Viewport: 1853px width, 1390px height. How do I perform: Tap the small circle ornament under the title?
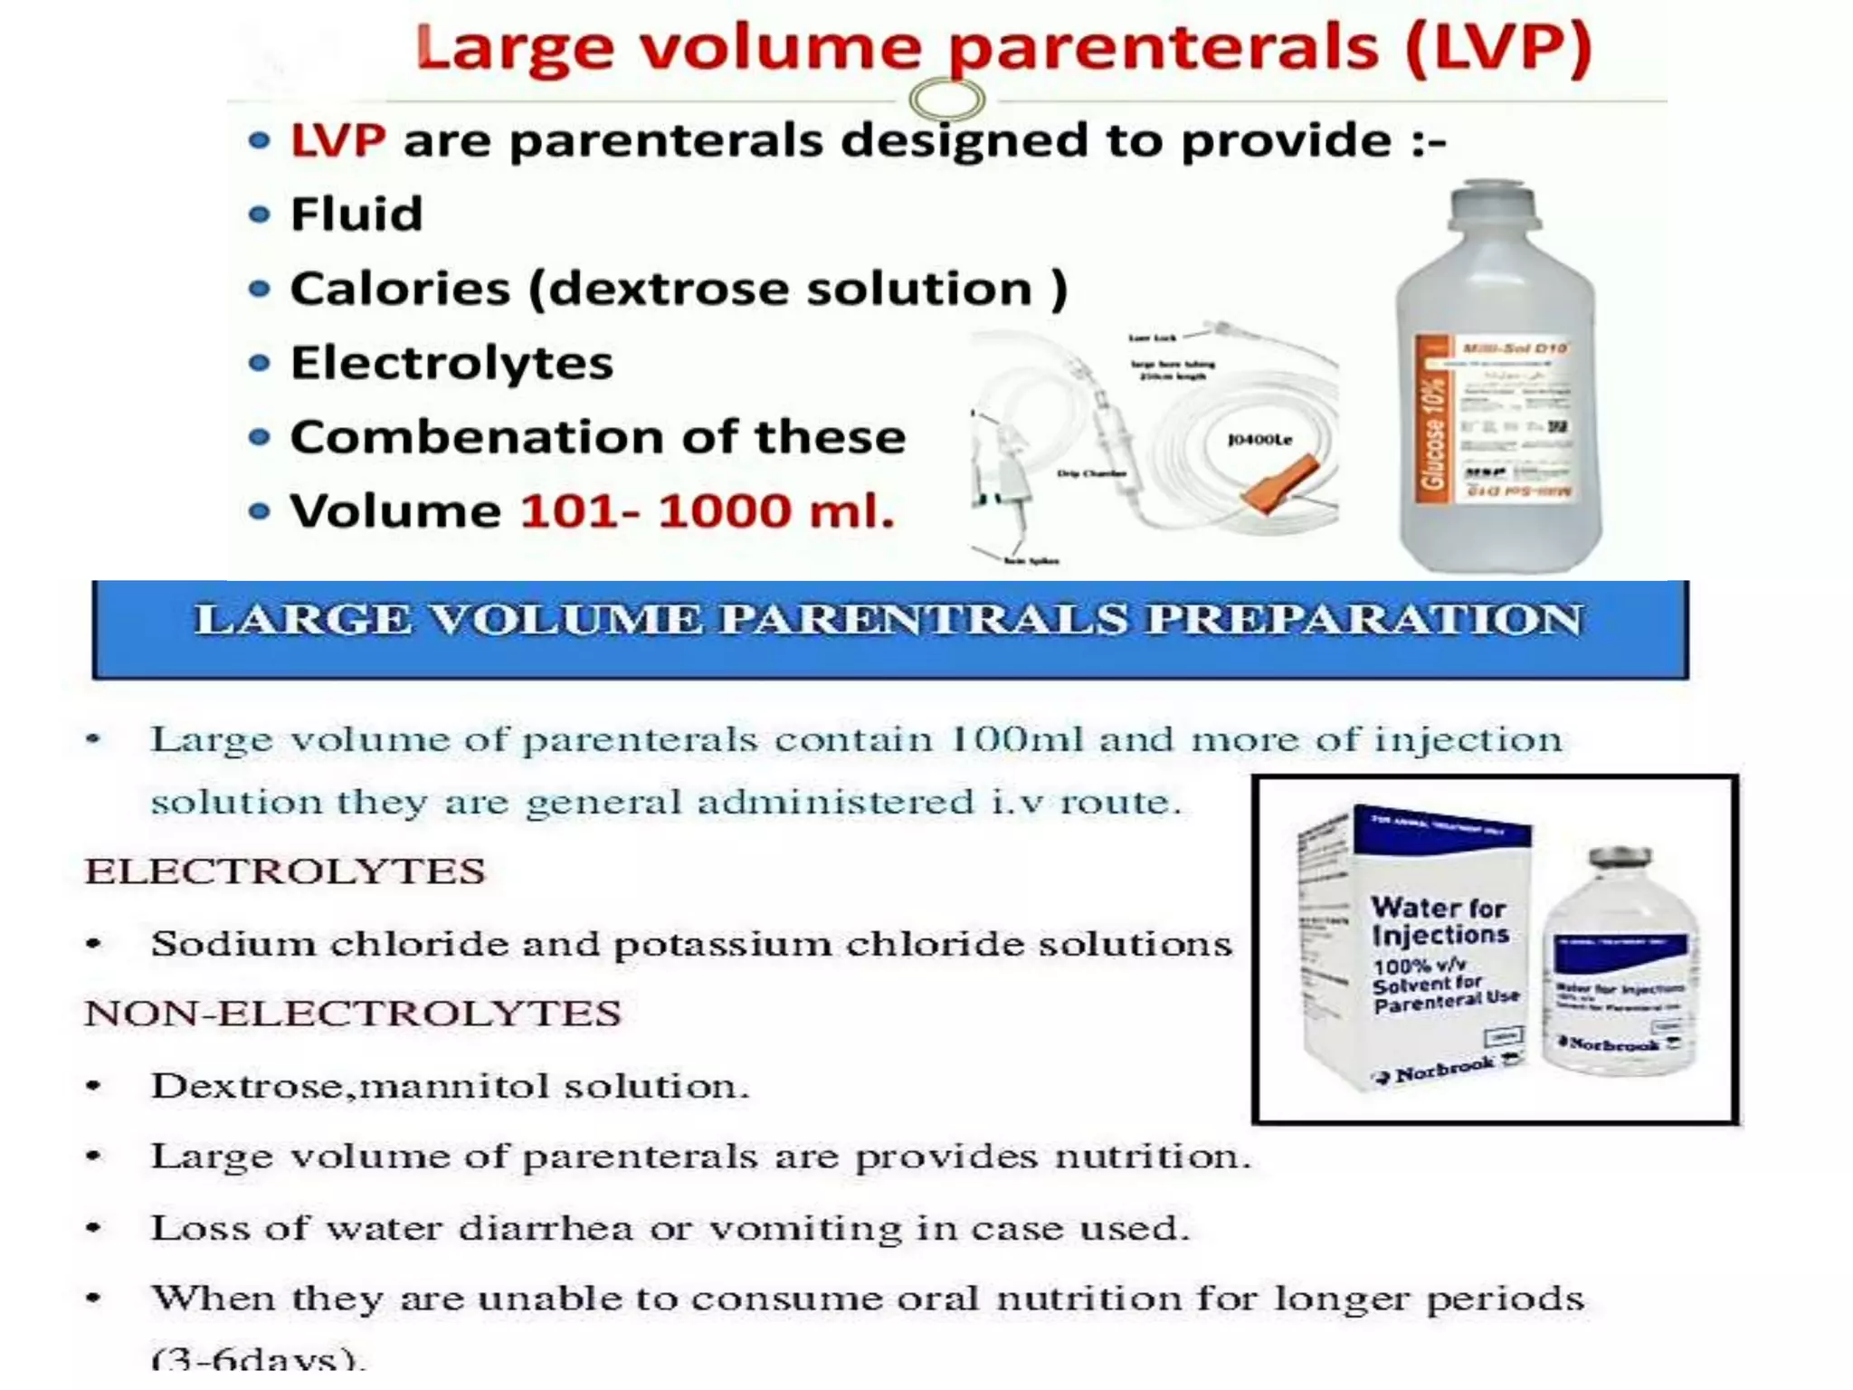click(946, 99)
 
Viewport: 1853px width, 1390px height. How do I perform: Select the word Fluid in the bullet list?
click(356, 214)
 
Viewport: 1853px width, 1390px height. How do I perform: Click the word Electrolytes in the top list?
click(451, 363)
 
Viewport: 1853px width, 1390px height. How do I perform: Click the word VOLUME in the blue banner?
click(565, 620)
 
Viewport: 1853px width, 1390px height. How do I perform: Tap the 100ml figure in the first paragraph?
click(1015, 739)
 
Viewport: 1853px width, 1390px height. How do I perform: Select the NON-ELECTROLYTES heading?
click(353, 1014)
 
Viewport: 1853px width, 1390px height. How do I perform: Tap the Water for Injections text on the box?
click(1440, 920)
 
